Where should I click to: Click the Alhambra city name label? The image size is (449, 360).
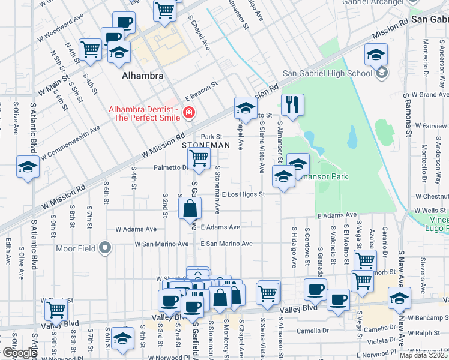click(x=142, y=76)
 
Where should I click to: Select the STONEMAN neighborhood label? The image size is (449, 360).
click(x=206, y=146)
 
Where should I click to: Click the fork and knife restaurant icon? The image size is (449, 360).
click(x=292, y=104)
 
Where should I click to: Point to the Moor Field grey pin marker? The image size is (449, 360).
click(x=106, y=247)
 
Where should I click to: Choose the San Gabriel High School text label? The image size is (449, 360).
click(x=328, y=74)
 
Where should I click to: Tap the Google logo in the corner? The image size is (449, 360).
click(x=19, y=353)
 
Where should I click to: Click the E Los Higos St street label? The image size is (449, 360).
click(x=243, y=194)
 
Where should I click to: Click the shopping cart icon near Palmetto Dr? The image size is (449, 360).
click(x=199, y=159)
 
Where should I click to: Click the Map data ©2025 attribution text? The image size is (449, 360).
click(x=424, y=355)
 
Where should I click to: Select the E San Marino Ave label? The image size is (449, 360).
click(x=226, y=244)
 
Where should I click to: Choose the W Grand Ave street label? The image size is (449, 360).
click(x=426, y=95)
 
